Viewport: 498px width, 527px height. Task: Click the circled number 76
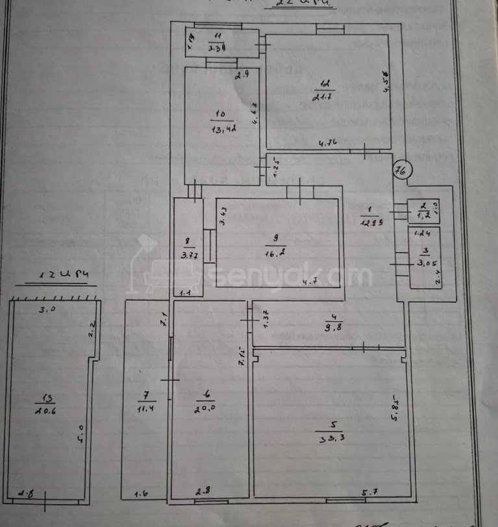coord(401,172)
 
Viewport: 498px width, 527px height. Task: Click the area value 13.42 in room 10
coord(222,128)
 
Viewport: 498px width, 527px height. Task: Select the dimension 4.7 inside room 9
coord(314,281)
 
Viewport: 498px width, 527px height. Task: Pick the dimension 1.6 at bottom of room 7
coord(141,495)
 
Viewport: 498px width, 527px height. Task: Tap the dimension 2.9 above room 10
coord(243,76)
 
